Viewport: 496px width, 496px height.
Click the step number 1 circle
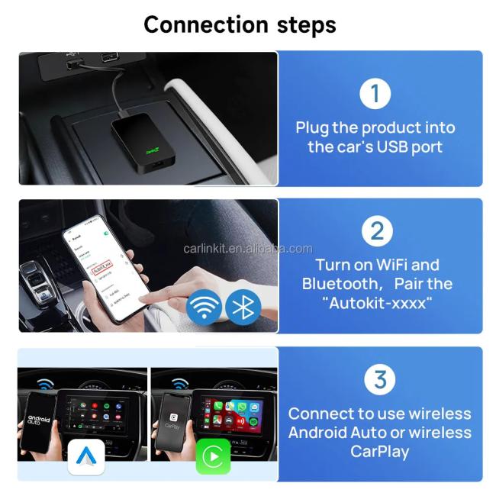pos(375,94)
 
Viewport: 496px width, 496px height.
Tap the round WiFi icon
pos(205,307)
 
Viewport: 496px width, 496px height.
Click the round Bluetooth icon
pos(243,307)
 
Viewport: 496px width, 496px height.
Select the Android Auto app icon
pos(85,456)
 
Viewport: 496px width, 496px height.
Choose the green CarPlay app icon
pos(213,456)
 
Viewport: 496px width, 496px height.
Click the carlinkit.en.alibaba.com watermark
pos(248,249)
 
